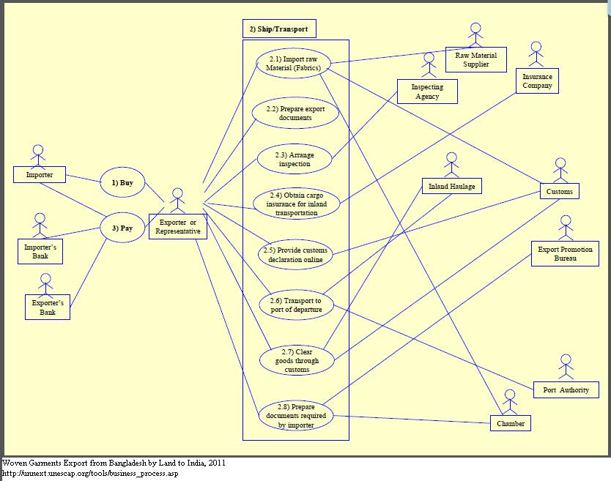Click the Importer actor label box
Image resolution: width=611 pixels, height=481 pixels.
tap(40, 175)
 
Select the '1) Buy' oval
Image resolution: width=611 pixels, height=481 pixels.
tap(122, 182)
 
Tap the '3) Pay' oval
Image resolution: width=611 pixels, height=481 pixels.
tap(122, 228)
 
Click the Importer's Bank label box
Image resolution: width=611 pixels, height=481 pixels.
tap(40, 252)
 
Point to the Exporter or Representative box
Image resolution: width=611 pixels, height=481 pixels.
tap(178, 227)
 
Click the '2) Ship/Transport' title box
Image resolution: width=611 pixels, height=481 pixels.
tap(279, 29)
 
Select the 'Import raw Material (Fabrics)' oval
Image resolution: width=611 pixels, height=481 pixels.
tap(292, 63)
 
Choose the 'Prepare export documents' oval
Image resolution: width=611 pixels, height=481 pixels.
tap(295, 113)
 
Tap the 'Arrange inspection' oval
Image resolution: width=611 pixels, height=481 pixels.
tap(292, 160)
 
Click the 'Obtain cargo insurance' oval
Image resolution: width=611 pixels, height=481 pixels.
tap(297, 204)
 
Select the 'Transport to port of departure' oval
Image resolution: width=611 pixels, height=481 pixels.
tap(296, 305)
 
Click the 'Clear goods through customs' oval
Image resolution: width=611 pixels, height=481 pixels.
tap(297, 360)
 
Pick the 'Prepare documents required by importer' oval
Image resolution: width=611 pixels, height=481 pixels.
tap(296, 415)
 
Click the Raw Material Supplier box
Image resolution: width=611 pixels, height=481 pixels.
tap(476, 60)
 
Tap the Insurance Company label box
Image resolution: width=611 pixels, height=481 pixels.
tap(537, 81)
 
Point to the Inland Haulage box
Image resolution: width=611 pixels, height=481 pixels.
tap(452, 187)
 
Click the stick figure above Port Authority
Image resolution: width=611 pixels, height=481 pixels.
tap(565, 367)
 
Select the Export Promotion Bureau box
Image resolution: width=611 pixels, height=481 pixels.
tap(566, 254)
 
